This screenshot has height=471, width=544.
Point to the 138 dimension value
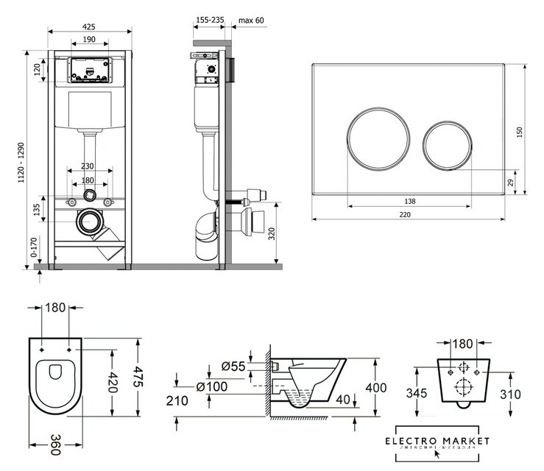click(x=410, y=201)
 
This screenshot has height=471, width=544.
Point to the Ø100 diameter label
click(x=212, y=386)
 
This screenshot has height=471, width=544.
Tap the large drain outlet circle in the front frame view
click(x=91, y=220)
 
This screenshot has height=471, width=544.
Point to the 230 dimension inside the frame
click(x=88, y=167)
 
